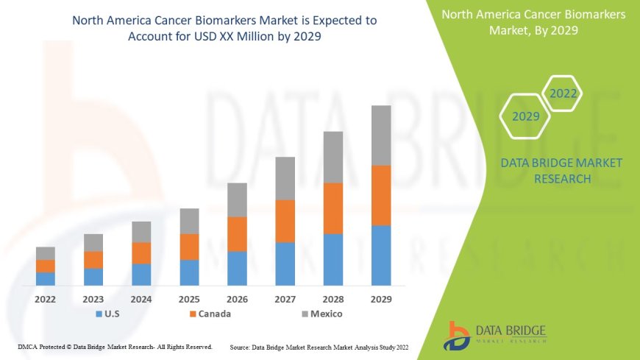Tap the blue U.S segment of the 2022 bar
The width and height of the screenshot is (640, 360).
coord(46,278)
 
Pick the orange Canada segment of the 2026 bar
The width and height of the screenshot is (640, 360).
coord(237,234)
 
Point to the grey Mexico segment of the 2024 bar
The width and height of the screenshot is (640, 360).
coord(141,232)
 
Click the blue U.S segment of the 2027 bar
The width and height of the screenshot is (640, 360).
coord(285,264)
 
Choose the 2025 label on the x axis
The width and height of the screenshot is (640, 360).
coord(189,300)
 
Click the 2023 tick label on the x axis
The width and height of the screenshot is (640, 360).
coord(93,300)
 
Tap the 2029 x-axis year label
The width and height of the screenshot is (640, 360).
coord(381,300)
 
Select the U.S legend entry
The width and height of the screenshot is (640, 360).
coord(108,314)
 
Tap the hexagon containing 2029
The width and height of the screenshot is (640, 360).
coord(526,116)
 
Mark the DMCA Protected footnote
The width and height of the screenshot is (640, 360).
coord(115,346)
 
